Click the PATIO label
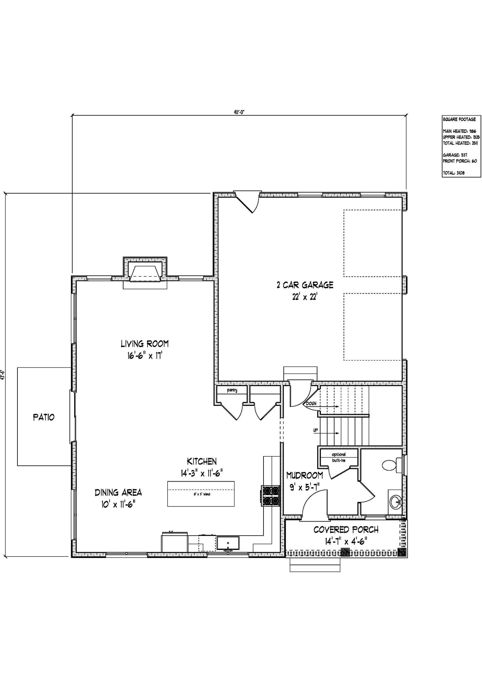44,417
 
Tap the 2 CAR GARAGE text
305,285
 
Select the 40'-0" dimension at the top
239,112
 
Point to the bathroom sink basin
396,503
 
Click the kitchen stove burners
270,496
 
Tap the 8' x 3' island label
202,494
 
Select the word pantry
232,390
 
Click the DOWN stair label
311,404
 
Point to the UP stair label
315,430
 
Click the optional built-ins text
339,457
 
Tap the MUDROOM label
304,476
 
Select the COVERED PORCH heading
346,530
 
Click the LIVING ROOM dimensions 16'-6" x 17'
145,356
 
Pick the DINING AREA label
118,493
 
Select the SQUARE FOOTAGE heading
459,119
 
